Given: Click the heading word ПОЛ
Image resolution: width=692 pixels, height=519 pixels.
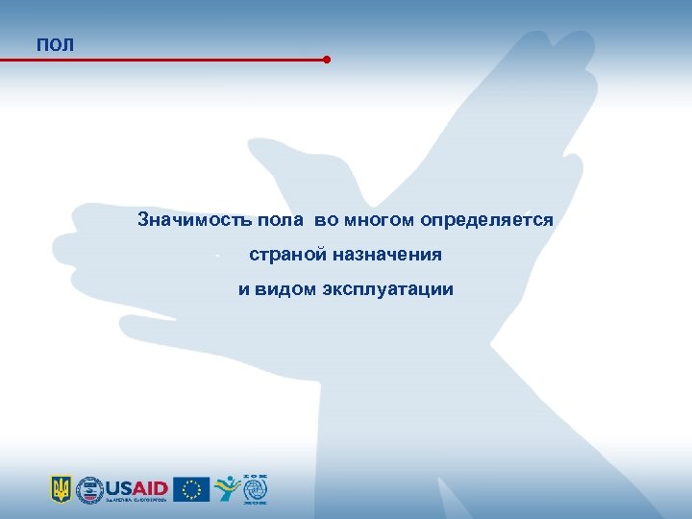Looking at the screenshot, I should [x=55, y=45].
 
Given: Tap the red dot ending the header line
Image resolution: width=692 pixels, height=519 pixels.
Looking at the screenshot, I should [x=327, y=60].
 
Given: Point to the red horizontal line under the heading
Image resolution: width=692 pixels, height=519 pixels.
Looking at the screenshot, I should [x=163, y=60].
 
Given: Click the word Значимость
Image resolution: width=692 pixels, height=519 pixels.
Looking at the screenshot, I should [x=195, y=220].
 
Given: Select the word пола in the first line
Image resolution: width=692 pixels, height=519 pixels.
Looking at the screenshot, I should [x=280, y=220].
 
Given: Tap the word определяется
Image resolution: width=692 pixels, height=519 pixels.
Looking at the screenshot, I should [x=486, y=220].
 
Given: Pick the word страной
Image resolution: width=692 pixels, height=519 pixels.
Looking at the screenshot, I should [x=287, y=255].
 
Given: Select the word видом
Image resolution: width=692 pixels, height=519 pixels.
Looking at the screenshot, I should [x=289, y=289].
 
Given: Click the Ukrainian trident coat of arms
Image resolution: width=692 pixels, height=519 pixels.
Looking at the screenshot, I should [x=61, y=489].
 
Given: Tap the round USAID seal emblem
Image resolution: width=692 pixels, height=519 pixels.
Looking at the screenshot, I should [x=89, y=489].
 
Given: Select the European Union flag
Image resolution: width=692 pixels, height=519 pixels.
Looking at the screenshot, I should [x=191, y=489].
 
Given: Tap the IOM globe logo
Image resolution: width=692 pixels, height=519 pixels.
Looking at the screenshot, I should [x=256, y=489].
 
